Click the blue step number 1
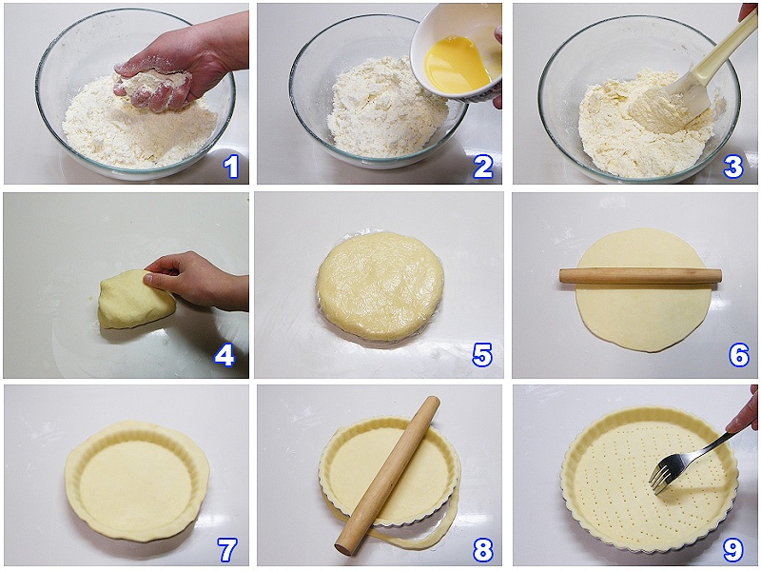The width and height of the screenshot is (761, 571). pyautogui.click(x=231, y=167)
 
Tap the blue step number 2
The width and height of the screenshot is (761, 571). pyautogui.click(x=483, y=167)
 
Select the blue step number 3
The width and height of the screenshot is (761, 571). pyautogui.click(x=732, y=167)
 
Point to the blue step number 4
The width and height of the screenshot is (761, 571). pyautogui.click(x=224, y=356)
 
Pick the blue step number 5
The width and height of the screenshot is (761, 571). pyautogui.click(x=482, y=355)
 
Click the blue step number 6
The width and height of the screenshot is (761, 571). pyautogui.click(x=739, y=355)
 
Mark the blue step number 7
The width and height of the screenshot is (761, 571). pyautogui.click(x=226, y=550)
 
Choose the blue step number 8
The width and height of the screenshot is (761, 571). pyautogui.click(x=483, y=550)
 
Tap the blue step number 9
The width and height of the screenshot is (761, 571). pyautogui.click(x=733, y=550)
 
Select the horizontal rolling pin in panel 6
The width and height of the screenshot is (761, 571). pyautogui.click(x=640, y=276)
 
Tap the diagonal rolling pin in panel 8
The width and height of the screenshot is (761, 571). pyautogui.click(x=387, y=476)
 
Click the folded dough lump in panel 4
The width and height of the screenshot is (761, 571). pyautogui.click(x=135, y=301)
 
